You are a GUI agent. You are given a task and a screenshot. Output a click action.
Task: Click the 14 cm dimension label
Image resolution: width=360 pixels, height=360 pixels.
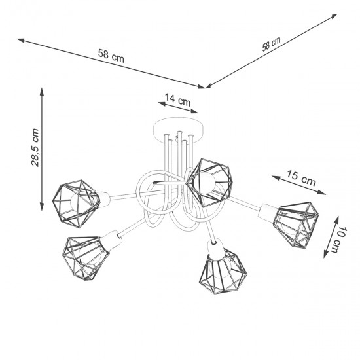point(177,100)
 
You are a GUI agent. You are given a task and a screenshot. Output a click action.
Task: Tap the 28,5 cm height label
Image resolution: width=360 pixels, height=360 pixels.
point(35,147)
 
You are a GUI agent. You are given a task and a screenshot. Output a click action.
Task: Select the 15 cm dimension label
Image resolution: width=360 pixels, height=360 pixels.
point(301,177)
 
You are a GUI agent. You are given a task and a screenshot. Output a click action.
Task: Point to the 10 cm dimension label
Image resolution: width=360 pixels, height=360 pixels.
point(340,240)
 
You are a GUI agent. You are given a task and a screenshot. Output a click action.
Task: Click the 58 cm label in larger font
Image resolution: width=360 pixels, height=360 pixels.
point(111,56)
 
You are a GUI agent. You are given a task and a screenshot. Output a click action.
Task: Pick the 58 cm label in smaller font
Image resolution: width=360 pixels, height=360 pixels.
point(271,44)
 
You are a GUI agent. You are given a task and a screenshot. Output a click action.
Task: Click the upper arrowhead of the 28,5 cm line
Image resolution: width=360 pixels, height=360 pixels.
point(41,92)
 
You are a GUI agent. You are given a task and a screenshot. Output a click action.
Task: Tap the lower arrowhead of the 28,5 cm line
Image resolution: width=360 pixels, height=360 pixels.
point(41,206)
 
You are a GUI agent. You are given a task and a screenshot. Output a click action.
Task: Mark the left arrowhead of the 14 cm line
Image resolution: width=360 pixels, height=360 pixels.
point(162,104)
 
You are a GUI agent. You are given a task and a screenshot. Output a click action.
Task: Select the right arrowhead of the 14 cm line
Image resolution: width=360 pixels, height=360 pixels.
point(194,111)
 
